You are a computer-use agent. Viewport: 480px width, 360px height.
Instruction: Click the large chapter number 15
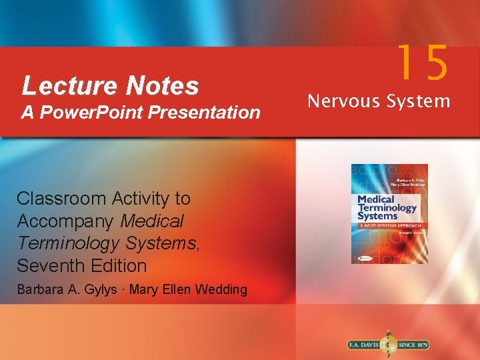click(423, 63)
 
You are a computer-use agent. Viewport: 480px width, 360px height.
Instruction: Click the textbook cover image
click(389, 213)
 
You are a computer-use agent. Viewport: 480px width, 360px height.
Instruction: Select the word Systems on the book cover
click(377, 215)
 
